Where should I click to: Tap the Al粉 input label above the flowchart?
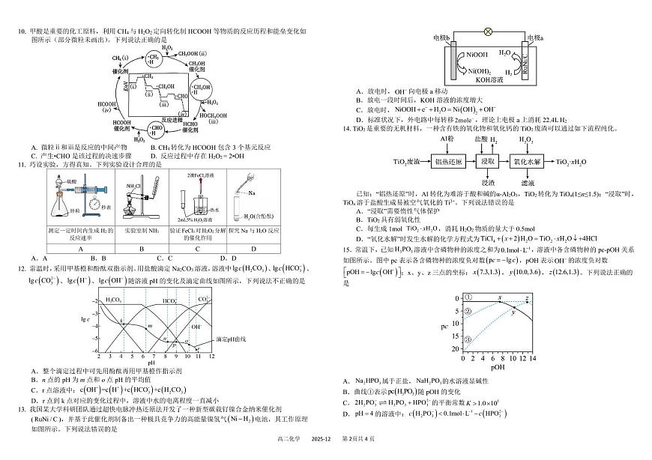pyautogui.click(x=447, y=139)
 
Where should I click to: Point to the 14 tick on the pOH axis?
pyautogui.click(x=534, y=360)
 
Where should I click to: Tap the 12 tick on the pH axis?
pyautogui.click(x=211, y=357)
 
